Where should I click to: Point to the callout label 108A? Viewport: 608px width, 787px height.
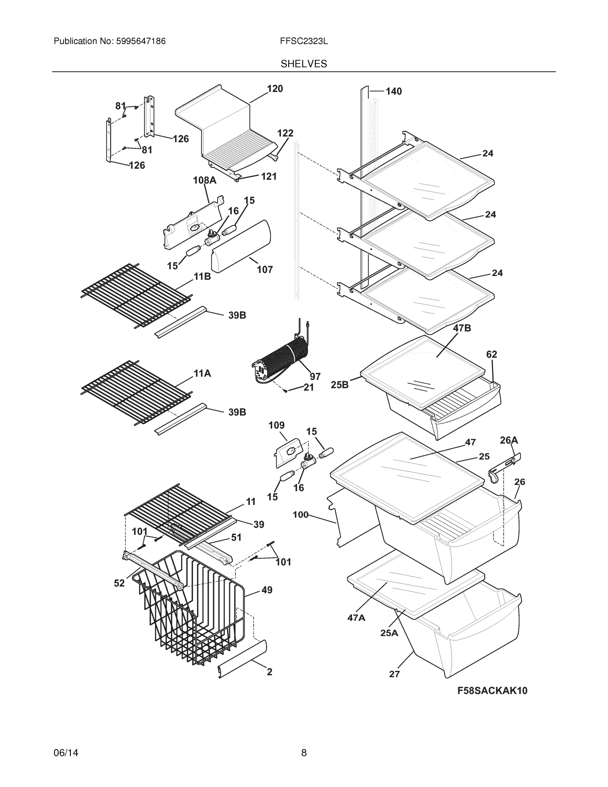coord(205,180)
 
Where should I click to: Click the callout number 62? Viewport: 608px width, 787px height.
coord(491,354)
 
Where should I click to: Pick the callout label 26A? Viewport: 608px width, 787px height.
coord(509,440)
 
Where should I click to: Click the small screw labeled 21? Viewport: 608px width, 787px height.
coord(285,391)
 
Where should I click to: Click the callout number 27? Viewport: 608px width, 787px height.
coord(394,674)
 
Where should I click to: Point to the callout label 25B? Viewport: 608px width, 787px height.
coord(340,385)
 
